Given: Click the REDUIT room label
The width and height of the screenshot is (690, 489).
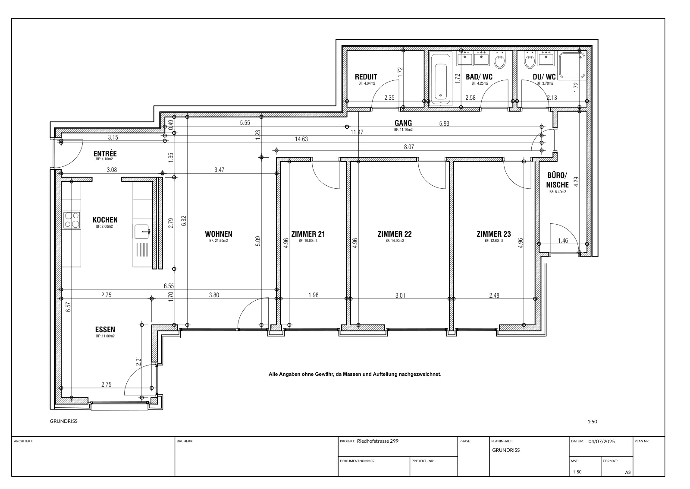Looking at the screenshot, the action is pos(366,77).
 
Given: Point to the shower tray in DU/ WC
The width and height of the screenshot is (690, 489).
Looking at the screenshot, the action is pos(572,65).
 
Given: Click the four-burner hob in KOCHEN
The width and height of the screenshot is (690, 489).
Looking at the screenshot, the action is pos(72,220).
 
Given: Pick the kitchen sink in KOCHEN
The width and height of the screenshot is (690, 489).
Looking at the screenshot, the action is pos(142,232).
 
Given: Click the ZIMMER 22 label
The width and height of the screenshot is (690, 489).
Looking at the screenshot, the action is pos(395,234).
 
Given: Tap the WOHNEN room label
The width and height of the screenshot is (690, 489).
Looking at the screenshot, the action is pos(219,234).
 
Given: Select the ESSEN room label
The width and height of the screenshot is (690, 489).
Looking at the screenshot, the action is pos(105,330).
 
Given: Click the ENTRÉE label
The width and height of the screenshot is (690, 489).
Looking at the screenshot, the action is pos(105,153).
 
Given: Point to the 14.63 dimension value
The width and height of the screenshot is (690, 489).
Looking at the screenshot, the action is pos(301,139).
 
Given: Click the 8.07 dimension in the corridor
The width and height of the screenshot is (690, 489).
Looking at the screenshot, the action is pos(409,147).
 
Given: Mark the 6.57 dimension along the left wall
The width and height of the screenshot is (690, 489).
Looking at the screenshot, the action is pos(69,307).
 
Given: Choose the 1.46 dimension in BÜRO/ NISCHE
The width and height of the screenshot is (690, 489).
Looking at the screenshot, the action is pos(563,241).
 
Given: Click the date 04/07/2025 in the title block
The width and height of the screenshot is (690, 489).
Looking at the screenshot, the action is pos(602,441).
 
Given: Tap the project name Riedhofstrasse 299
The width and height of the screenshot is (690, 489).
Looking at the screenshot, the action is pos(378,441).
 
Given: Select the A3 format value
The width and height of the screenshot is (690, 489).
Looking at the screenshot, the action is pos(628,472).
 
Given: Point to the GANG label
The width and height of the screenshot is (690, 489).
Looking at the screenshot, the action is pos(403,123).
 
